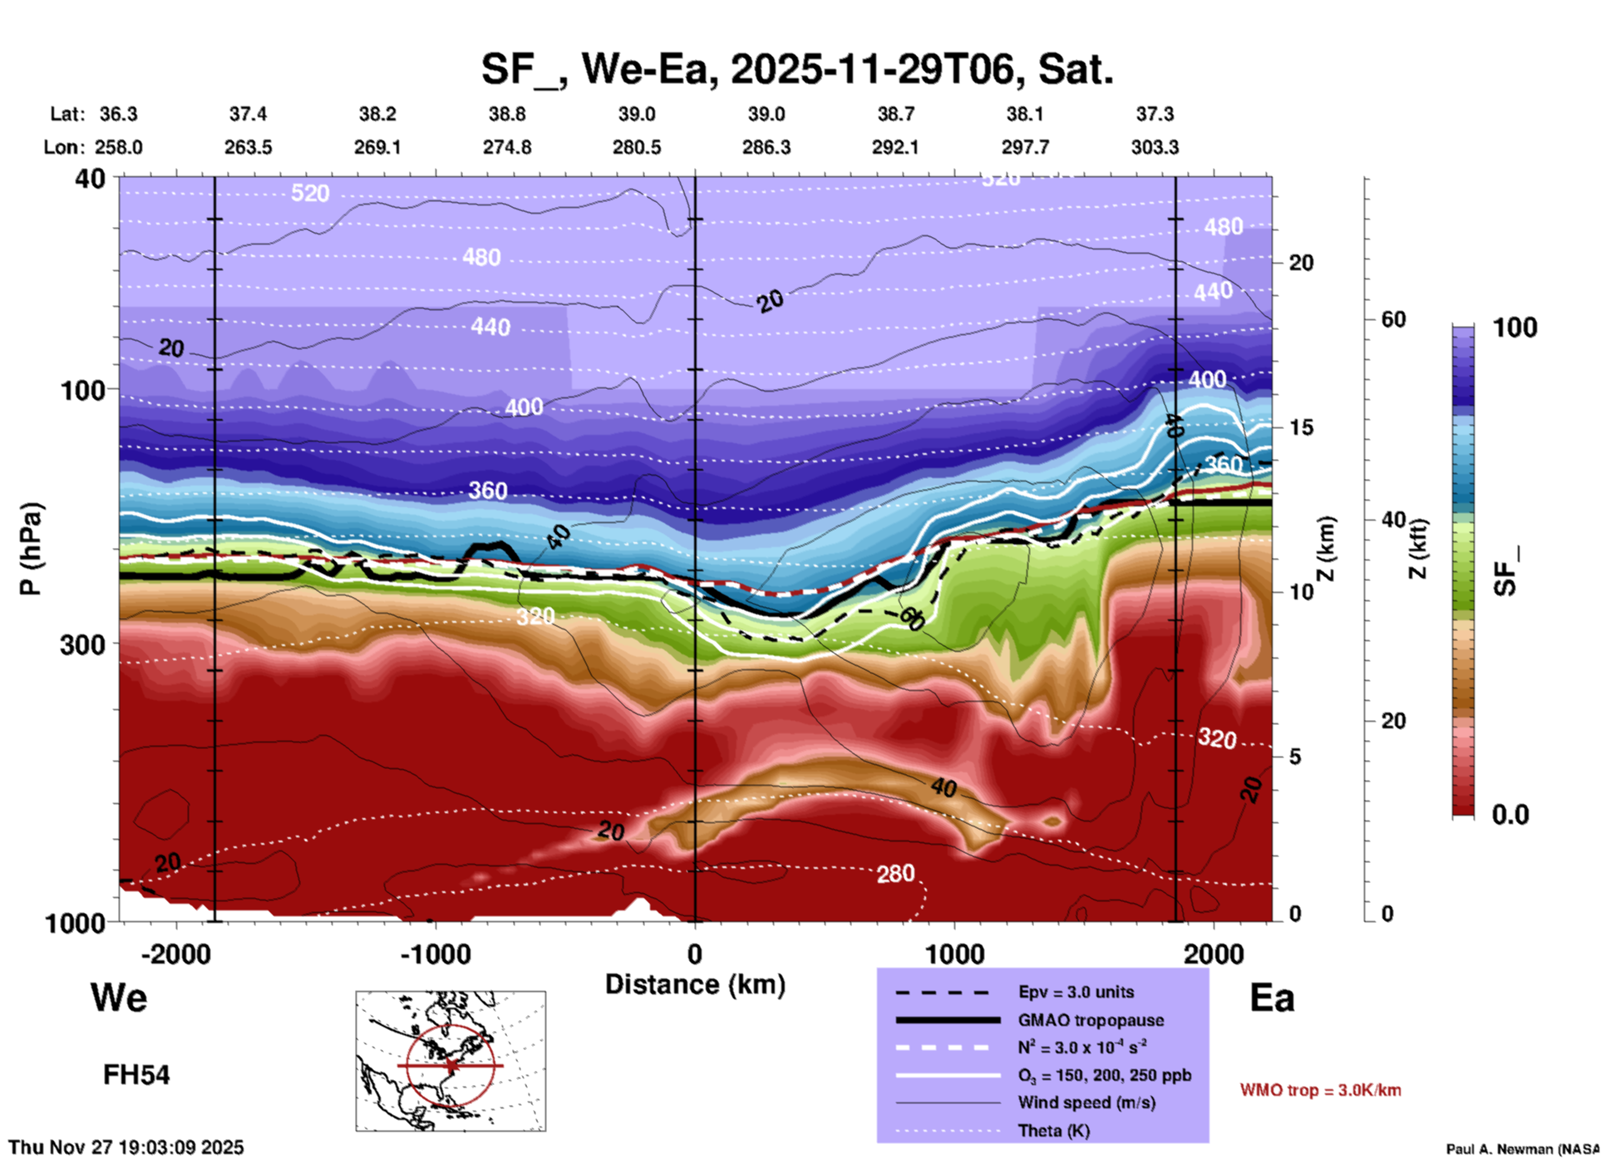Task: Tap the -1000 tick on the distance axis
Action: (x=436, y=954)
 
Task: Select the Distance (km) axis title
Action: (x=695, y=984)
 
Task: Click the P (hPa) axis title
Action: (x=31, y=549)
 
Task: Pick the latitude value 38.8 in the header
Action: (x=507, y=114)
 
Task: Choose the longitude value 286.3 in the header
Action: (x=766, y=147)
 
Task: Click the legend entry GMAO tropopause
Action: (x=1091, y=1020)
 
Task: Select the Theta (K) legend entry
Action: (x=1053, y=1131)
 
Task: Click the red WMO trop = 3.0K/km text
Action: (x=1320, y=1090)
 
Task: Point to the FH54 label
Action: (x=136, y=1075)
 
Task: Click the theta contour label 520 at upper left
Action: (x=310, y=194)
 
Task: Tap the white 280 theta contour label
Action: (x=895, y=873)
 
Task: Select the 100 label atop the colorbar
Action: (x=1515, y=328)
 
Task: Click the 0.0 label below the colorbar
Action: (x=1510, y=815)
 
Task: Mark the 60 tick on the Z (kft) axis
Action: (x=1393, y=319)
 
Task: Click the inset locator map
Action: (x=451, y=1061)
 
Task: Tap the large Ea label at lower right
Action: (x=1272, y=998)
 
